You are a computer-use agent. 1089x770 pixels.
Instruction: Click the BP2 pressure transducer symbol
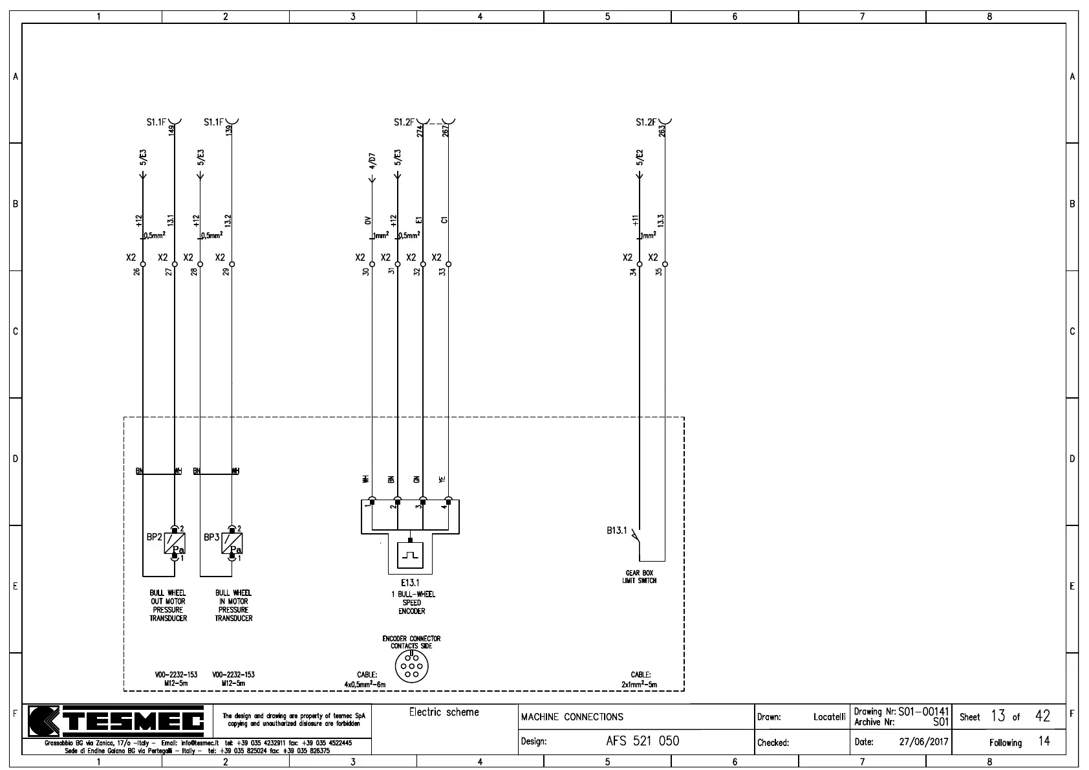[x=175, y=543]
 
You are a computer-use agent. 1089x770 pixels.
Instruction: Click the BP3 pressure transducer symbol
[x=232, y=543]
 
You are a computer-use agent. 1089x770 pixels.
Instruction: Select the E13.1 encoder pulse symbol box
[x=410, y=554]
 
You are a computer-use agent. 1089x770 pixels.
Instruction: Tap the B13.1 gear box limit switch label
[x=616, y=531]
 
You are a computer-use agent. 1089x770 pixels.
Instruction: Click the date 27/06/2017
[x=923, y=742]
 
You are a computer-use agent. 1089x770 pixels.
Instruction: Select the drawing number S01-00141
[x=923, y=712]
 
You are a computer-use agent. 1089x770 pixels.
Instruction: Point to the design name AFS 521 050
[x=642, y=741]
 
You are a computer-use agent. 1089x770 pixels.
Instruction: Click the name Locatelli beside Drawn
[x=829, y=717]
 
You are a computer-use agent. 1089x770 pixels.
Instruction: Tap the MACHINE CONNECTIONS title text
[x=572, y=717]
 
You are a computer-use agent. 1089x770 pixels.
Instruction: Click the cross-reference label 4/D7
[x=372, y=159]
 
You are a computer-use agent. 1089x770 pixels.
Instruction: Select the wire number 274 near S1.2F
[x=420, y=131]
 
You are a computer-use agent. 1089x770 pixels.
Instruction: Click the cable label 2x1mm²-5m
[x=640, y=685]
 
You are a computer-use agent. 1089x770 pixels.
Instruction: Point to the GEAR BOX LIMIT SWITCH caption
[x=640, y=577]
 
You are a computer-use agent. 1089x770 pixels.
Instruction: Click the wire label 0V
[x=367, y=221]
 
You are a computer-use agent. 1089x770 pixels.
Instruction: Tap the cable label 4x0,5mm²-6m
[x=365, y=685]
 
